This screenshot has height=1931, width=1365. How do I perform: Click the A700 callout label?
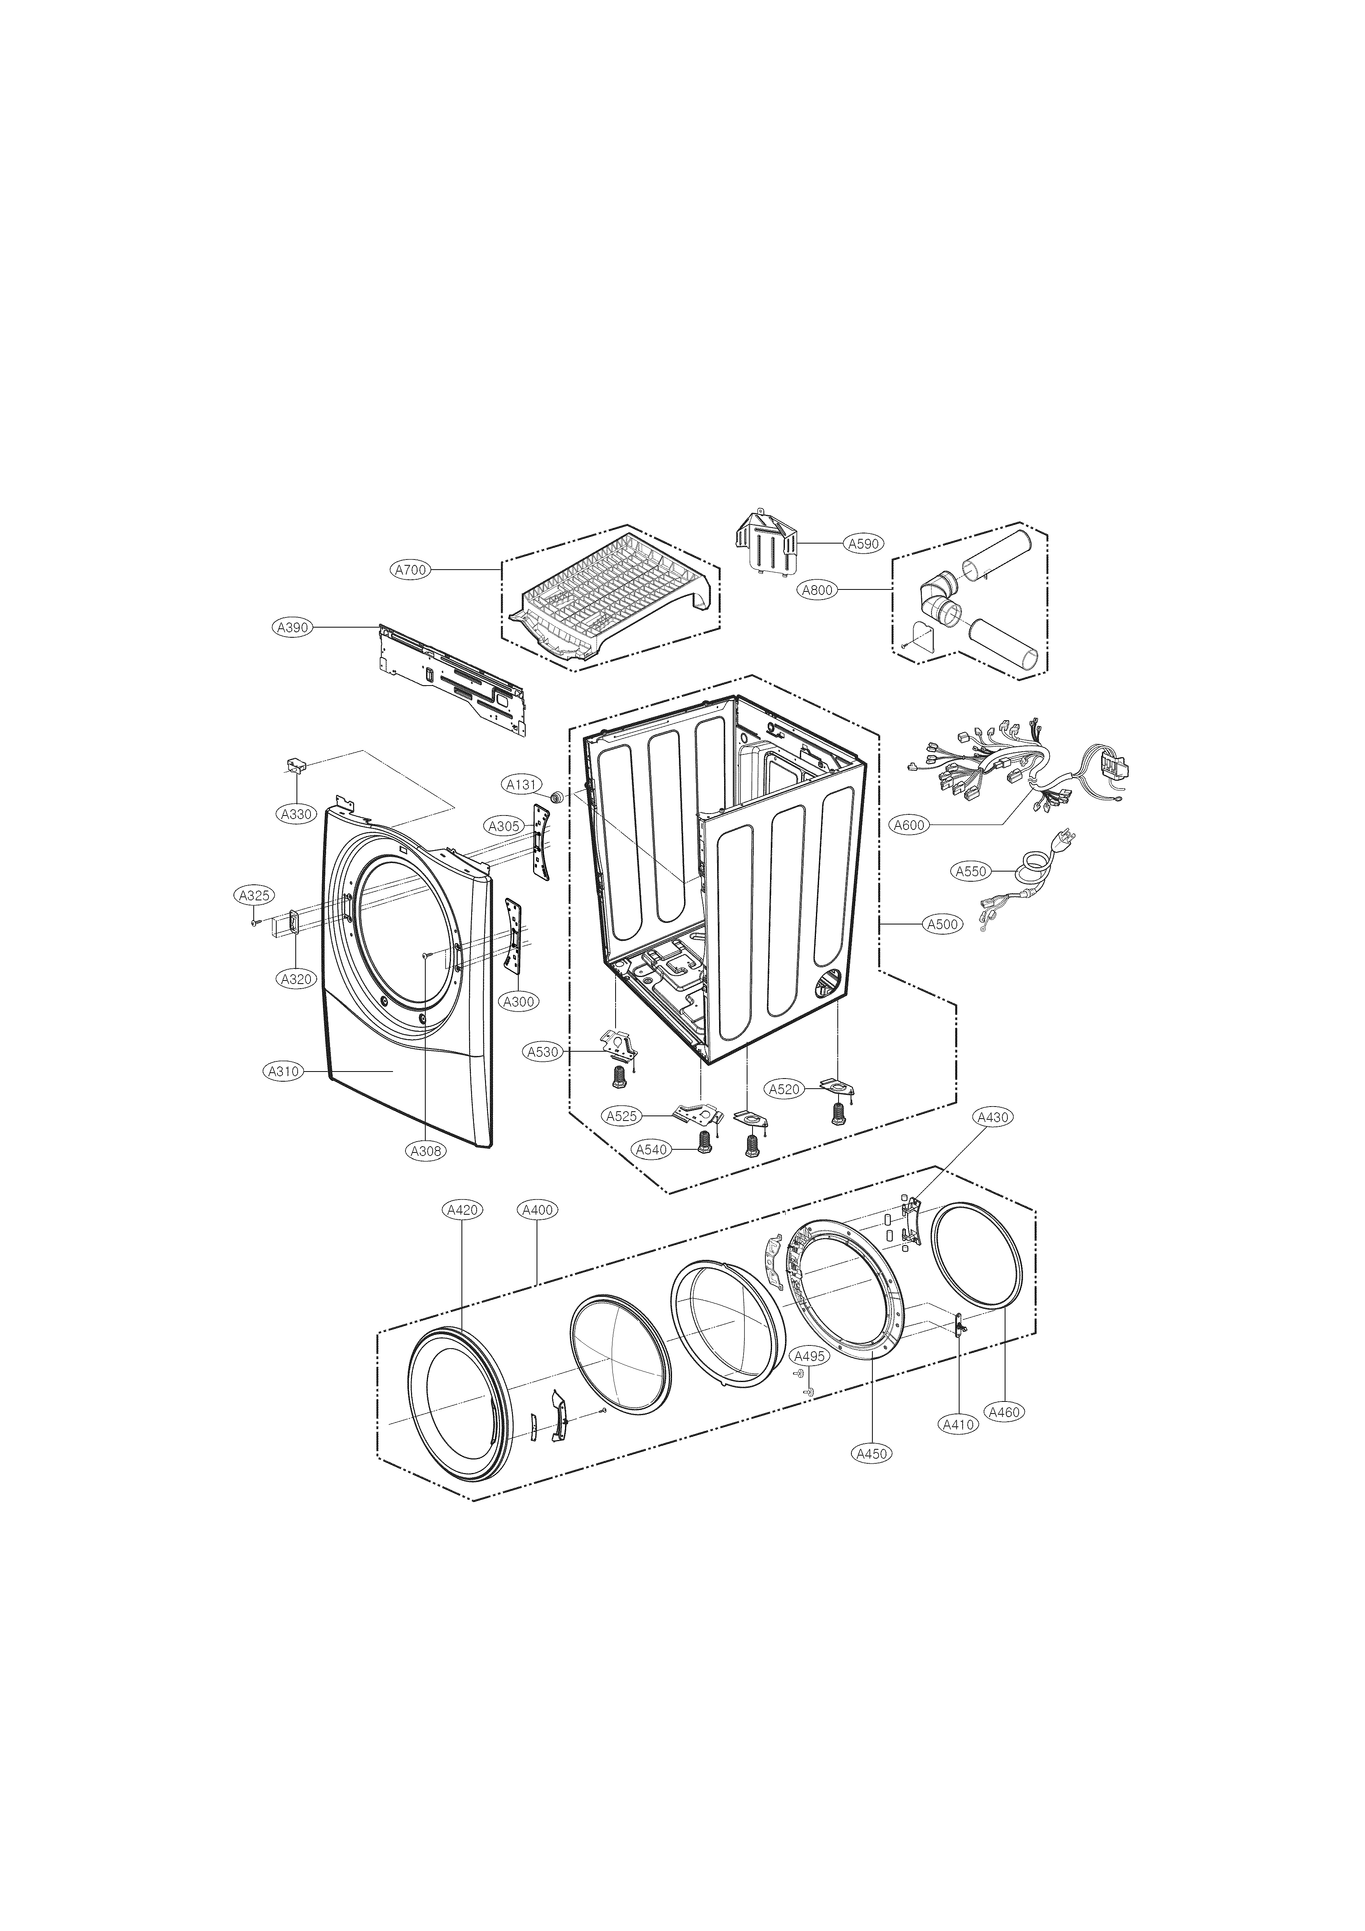tap(412, 569)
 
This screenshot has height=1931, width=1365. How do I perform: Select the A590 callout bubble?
tap(863, 543)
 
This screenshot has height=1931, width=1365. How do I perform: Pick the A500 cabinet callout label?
tap(942, 924)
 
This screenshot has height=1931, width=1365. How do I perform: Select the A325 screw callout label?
tap(253, 896)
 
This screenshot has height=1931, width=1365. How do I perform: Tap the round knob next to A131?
tap(556, 796)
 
